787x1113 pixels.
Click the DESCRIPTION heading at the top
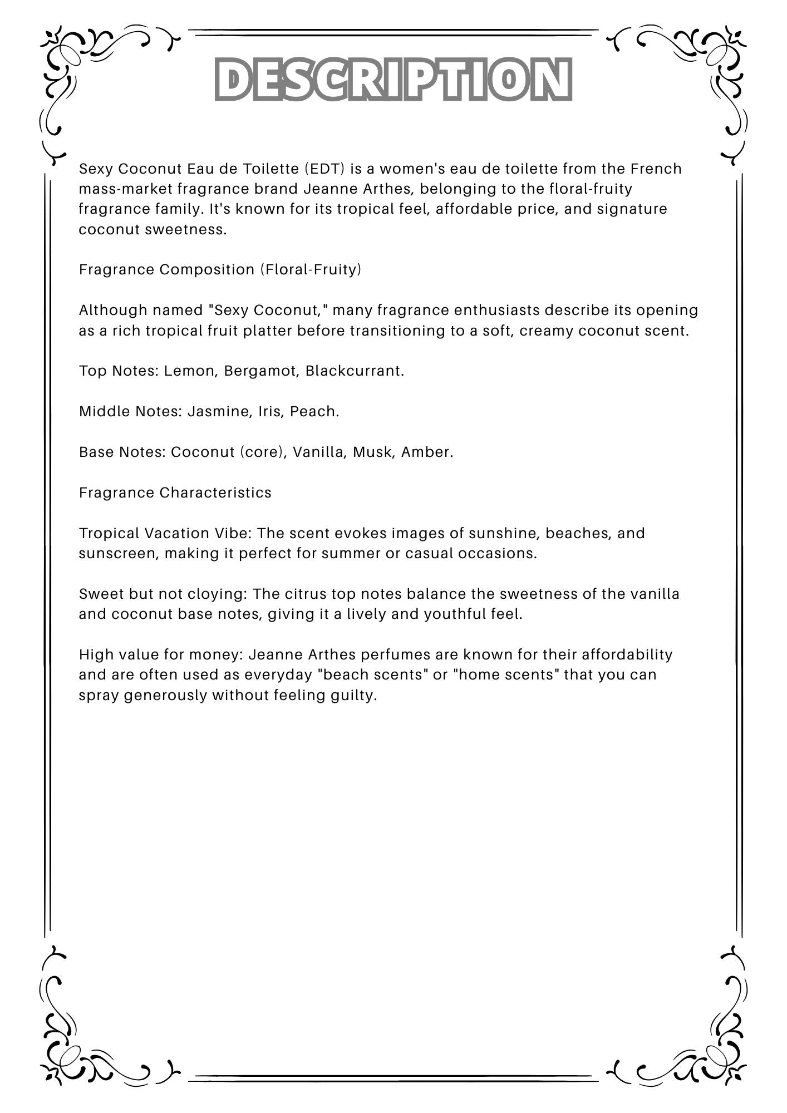pyautogui.click(x=393, y=79)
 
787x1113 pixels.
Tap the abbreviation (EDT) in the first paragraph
pyautogui.click(x=325, y=169)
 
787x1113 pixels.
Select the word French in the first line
pyautogui.click(x=656, y=169)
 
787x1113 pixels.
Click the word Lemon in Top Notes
pyautogui.click(x=189, y=371)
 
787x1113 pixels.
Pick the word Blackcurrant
pyautogui.click(x=354, y=371)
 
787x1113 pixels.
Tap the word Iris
pyautogui.click(x=269, y=411)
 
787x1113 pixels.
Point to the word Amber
pyautogui.click(x=427, y=452)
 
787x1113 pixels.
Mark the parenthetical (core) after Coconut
pyautogui.click(x=263, y=452)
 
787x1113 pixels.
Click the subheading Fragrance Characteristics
pyautogui.click(x=175, y=493)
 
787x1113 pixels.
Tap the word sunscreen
pyautogui.click(x=117, y=554)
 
